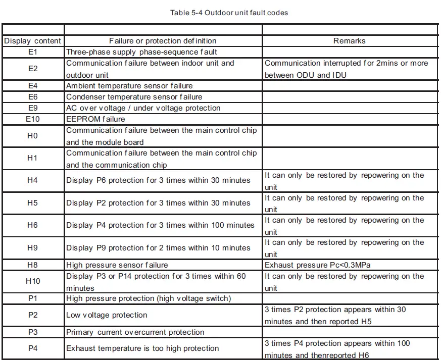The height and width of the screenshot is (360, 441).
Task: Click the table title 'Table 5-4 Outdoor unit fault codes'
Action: tap(229, 13)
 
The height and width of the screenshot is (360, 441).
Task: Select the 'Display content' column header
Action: tap(33, 41)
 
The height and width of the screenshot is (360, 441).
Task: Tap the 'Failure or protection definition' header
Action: tap(163, 41)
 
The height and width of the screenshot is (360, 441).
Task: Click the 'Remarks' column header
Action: tap(349, 41)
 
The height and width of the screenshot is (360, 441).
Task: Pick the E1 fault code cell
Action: tap(33, 52)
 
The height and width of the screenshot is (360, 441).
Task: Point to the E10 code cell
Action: tap(33, 119)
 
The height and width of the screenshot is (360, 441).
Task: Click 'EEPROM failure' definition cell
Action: tap(95, 119)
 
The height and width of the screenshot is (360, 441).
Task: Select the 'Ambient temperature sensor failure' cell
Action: tap(129, 86)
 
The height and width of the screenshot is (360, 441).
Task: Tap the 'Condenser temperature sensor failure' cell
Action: tap(134, 97)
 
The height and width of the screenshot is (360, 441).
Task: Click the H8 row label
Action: tap(33, 265)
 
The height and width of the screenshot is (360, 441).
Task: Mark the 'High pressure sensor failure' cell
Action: tap(117, 265)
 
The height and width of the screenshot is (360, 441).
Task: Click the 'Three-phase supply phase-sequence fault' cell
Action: tap(141, 52)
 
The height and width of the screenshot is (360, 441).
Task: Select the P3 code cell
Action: tap(33, 332)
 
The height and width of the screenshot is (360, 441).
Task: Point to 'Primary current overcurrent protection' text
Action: tap(135, 332)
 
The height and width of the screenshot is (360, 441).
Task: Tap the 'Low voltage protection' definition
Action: tap(107, 315)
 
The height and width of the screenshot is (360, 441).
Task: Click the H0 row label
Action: tap(33, 136)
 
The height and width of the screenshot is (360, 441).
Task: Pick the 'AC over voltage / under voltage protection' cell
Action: tap(143, 108)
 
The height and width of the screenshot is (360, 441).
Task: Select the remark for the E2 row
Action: tap(346, 69)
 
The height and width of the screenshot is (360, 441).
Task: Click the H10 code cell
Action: tap(33, 281)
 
